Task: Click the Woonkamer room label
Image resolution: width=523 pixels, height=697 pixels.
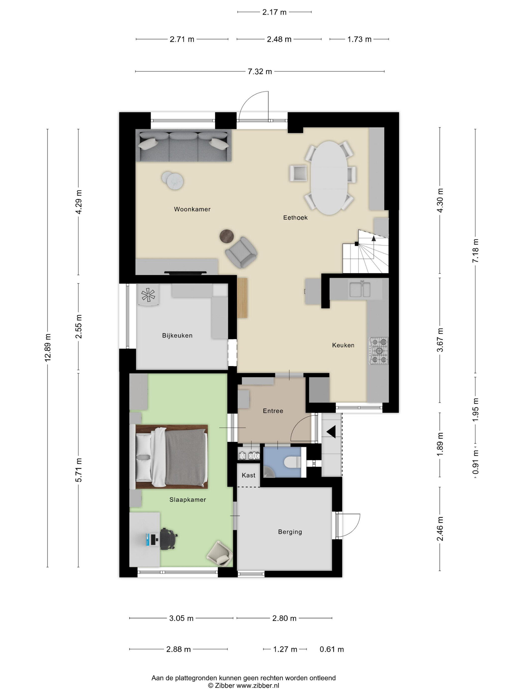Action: point(192,209)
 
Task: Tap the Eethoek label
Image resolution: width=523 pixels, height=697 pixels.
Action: point(295,217)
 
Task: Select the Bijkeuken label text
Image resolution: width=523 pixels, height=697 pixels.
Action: point(177,336)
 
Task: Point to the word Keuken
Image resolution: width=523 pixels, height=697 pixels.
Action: point(343,345)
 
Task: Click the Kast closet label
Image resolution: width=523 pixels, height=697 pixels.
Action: point(248,475)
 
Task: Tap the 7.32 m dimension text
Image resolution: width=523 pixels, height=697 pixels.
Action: point(260,71)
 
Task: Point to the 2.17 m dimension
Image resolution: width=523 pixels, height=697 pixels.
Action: point(274,12)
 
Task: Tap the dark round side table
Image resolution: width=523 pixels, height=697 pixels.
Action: point(227,236)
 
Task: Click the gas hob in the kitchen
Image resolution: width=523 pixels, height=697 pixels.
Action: point(379,351)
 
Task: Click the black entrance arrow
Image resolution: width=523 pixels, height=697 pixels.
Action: point(331,432)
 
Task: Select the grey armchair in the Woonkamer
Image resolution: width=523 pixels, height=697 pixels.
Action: point(241,252)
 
